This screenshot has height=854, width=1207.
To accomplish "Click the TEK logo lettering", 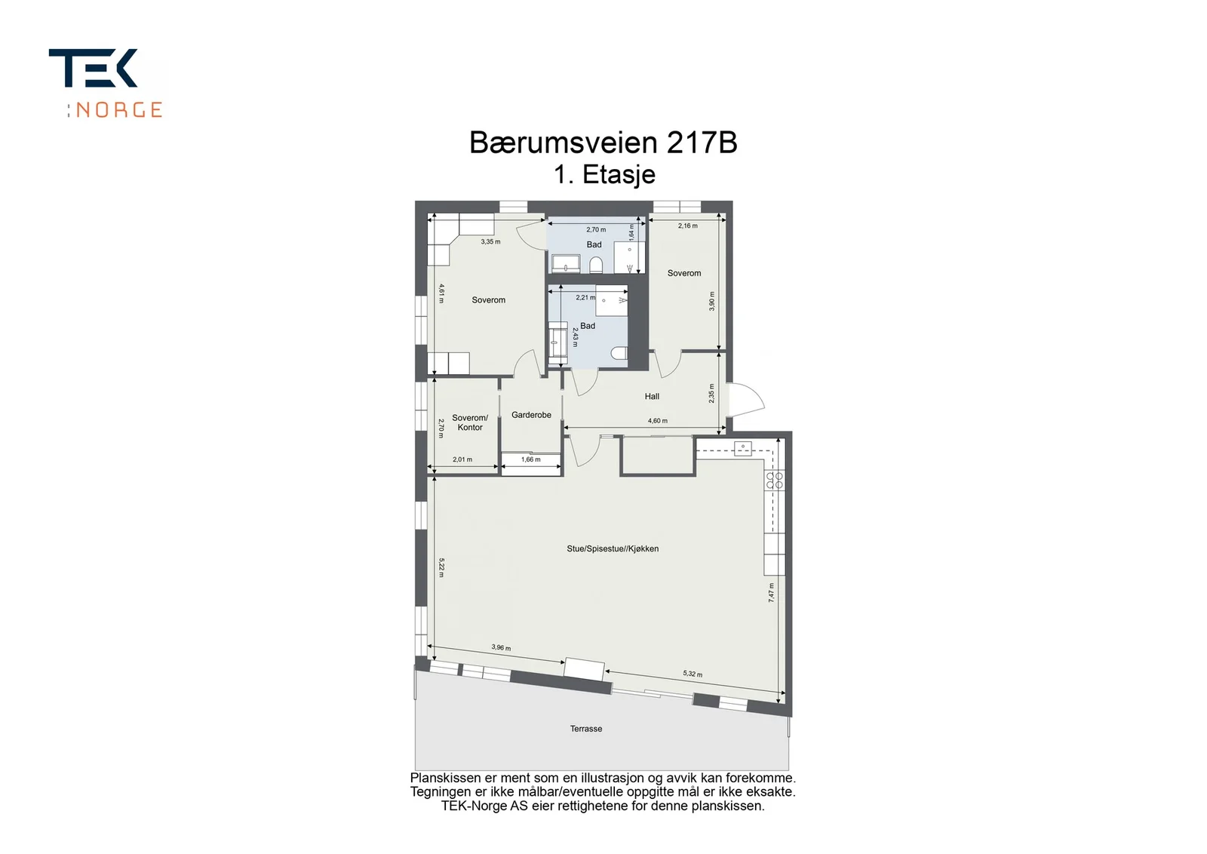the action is pyautogui.click(x=93, y=68).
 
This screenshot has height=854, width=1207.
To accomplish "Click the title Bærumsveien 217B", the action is pyautogui.click(x=603, y=143).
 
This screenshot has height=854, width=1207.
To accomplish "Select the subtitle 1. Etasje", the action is pyautogui.click(x=604, y=174).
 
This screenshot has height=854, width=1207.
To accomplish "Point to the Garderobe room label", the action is pyautogui.click(x=531, y=415).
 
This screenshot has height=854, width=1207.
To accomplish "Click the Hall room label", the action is pyautogui.click(x=652, y=397).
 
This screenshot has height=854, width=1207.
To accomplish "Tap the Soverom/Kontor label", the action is pyautogui.click(x=470, y=422).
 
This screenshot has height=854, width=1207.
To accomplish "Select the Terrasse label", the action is pyautogui.click(x=586, y=729).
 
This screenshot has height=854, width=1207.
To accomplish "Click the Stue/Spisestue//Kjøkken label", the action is pyautogui.click(x=613, y=549).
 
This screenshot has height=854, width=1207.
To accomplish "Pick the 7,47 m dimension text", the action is pyautogui.click(x=772, y=592).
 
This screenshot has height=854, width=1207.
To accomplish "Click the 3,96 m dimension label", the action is pyautogui.click(x=501, y=647).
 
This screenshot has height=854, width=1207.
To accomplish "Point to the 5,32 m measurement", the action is pyautogui.click(x=693, y=674).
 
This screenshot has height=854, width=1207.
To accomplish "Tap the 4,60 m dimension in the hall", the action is pyautogui.click(x=657, y=421).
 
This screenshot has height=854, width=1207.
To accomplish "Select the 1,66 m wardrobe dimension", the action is pyautogui.click(x=531, y=459).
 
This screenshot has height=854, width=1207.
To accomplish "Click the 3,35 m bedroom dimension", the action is pyautogui.click(x=490, y=242).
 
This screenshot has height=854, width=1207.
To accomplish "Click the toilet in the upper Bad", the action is pyautogui.click(x=595, y=265).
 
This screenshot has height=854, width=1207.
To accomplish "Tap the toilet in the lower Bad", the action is pyautogui.click(x=619, y=353).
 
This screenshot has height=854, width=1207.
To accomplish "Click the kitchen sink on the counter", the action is pyautogui.click(x=743, y=447).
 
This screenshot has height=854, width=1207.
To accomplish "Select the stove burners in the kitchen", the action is pyautogui.click(x=774, y=481).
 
